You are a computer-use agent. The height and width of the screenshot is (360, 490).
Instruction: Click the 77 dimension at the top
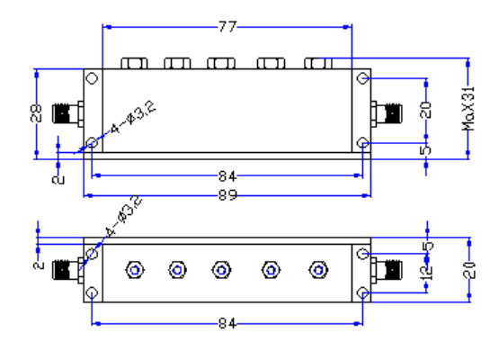pyautogui.click(x=227, y=27)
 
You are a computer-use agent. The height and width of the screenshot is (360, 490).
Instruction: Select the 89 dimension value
pyautogui.click(x=227, y=195)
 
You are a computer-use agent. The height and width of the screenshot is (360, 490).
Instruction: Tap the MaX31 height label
pyautogui.click(x=468, y=109)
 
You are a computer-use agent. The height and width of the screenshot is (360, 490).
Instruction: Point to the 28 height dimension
pyautogui.click(x=36, y=112)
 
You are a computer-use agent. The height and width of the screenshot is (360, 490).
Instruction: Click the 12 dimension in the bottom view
pyautogui.click(x=427, y=273)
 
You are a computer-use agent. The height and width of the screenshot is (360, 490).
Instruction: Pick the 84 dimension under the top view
pyautogui.click(x=227, y=176)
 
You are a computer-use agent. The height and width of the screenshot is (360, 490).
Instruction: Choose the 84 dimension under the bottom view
pyautogui.click(x=227, y=323)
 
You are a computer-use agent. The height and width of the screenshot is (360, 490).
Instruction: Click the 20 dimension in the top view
pyautogui.click(x=425, y=110)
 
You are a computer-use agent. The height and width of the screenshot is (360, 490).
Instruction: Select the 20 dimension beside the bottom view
pyautogui.click(x=469, y=270)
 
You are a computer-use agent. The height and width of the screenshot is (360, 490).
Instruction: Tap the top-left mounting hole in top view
pyautogui.click(x=93, y=78)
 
